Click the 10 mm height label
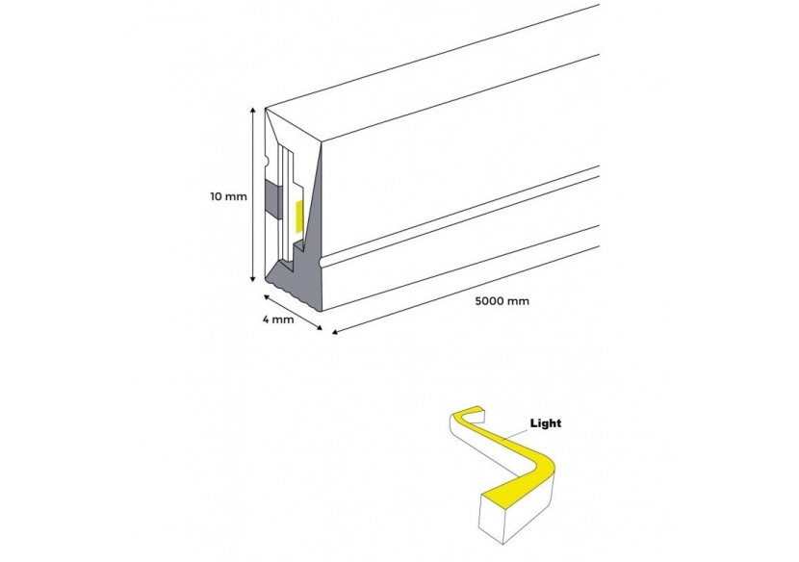pos(229,196)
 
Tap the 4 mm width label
pos(277,319)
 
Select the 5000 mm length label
pos(503,301)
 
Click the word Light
pos(545,422)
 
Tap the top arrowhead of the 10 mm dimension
pos(253,113)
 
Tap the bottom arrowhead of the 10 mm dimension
pos(253,278)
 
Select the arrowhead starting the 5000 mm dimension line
pos(335,333)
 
